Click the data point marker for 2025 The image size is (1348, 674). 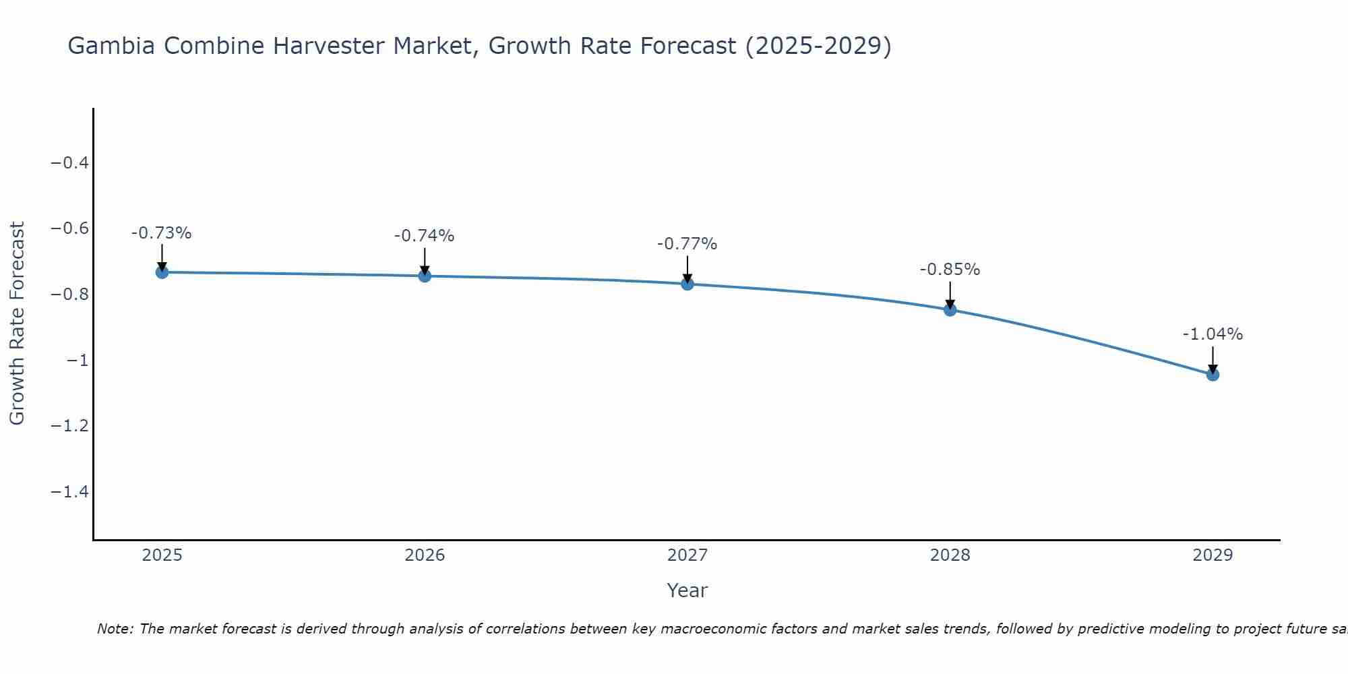point(162,272)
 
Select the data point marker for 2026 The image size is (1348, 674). point(425,276)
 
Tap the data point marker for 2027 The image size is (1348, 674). point(687,284)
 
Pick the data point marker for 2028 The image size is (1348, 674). point(950,310)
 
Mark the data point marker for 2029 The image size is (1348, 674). point(1213,375)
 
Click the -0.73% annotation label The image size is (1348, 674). point(162,233)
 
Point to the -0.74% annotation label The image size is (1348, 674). point(425,236)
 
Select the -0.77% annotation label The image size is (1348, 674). point(687,244)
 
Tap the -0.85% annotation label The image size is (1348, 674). point(950,270)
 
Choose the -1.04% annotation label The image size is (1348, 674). point(1213,334)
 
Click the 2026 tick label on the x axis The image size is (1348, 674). point(425,555)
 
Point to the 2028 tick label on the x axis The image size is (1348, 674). point(950,555)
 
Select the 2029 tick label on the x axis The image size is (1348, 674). point(1213,555)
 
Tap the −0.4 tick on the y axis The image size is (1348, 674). point(70,163)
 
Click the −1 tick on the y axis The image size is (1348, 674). point(78,361)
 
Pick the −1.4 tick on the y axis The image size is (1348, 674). point(70,492)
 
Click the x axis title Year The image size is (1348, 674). point(687,590)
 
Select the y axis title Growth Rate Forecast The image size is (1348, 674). point(17,324)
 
